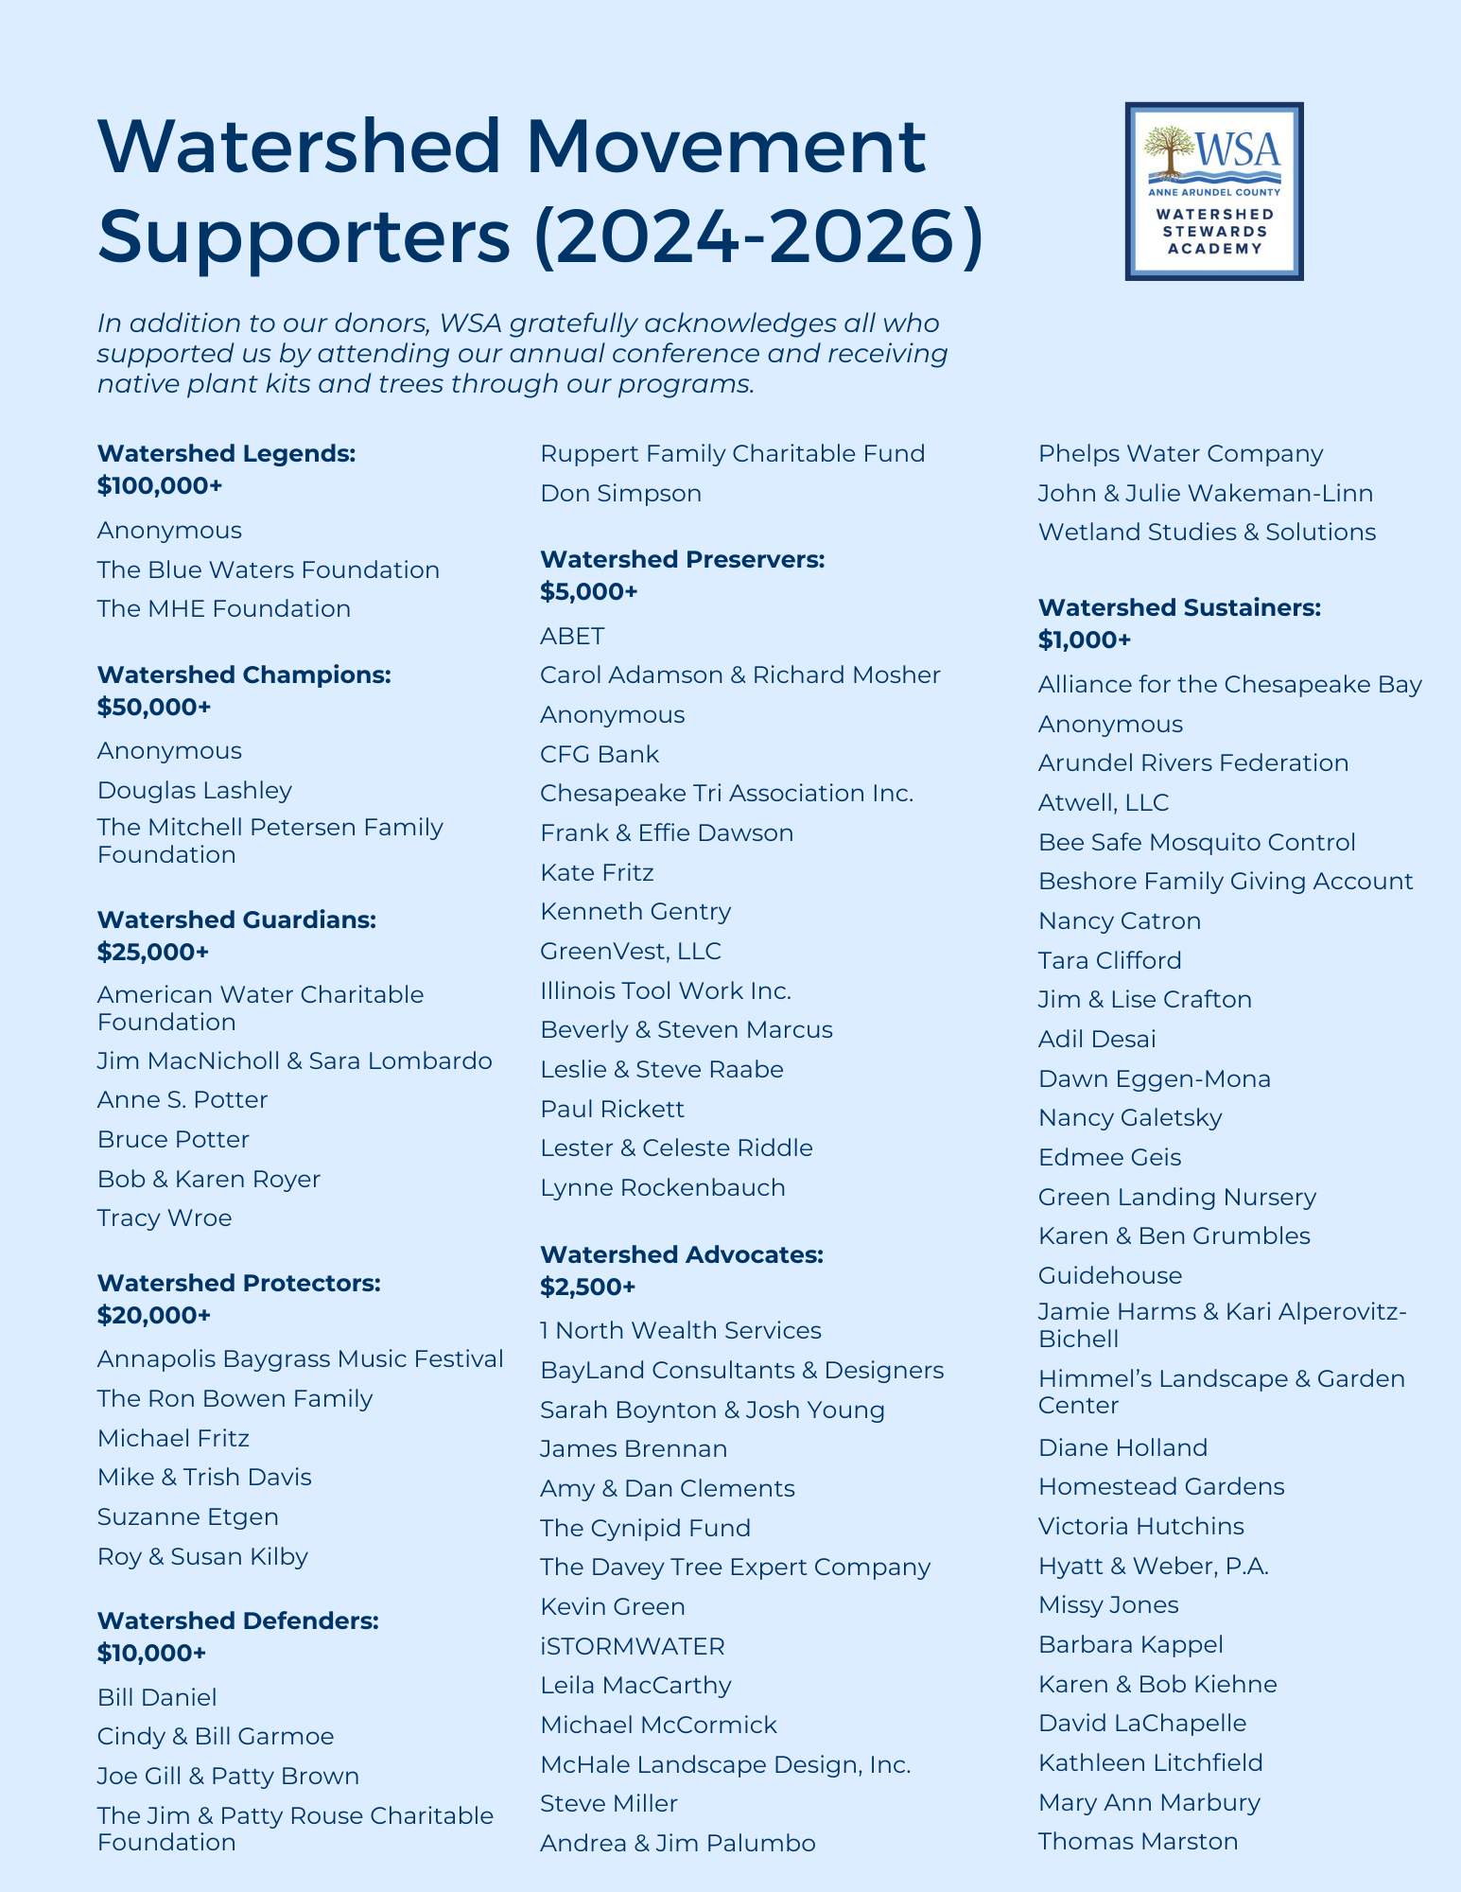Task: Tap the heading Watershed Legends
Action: [x=226, y=454]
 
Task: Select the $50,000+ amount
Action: [x=153, y=707]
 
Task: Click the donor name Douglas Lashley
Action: [x=194, y=790]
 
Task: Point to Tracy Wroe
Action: [x=164, y=1218]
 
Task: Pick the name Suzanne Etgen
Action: [x=187, y=1516]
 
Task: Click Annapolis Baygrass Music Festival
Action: [x=300, y=1359]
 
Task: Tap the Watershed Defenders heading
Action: [x=237, y=1620]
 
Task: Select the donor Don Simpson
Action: [x=620, y=493]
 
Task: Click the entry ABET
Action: [x=571, y=636]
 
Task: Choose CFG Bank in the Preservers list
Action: [x=599, y=754]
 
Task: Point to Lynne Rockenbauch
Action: [x=662, y=1187]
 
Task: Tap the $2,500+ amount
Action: [x=587, y=1287]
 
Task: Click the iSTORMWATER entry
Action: [x=632, y=1646]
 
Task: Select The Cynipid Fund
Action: [x=645, y=1528]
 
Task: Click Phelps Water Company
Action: [x=1180, y=454]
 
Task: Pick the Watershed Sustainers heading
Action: [x=1178, y=607]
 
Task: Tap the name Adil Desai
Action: [x=1096, y=1039]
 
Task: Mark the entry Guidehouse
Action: [x=1109, y=1275]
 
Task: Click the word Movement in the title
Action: [x=725, y=147]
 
